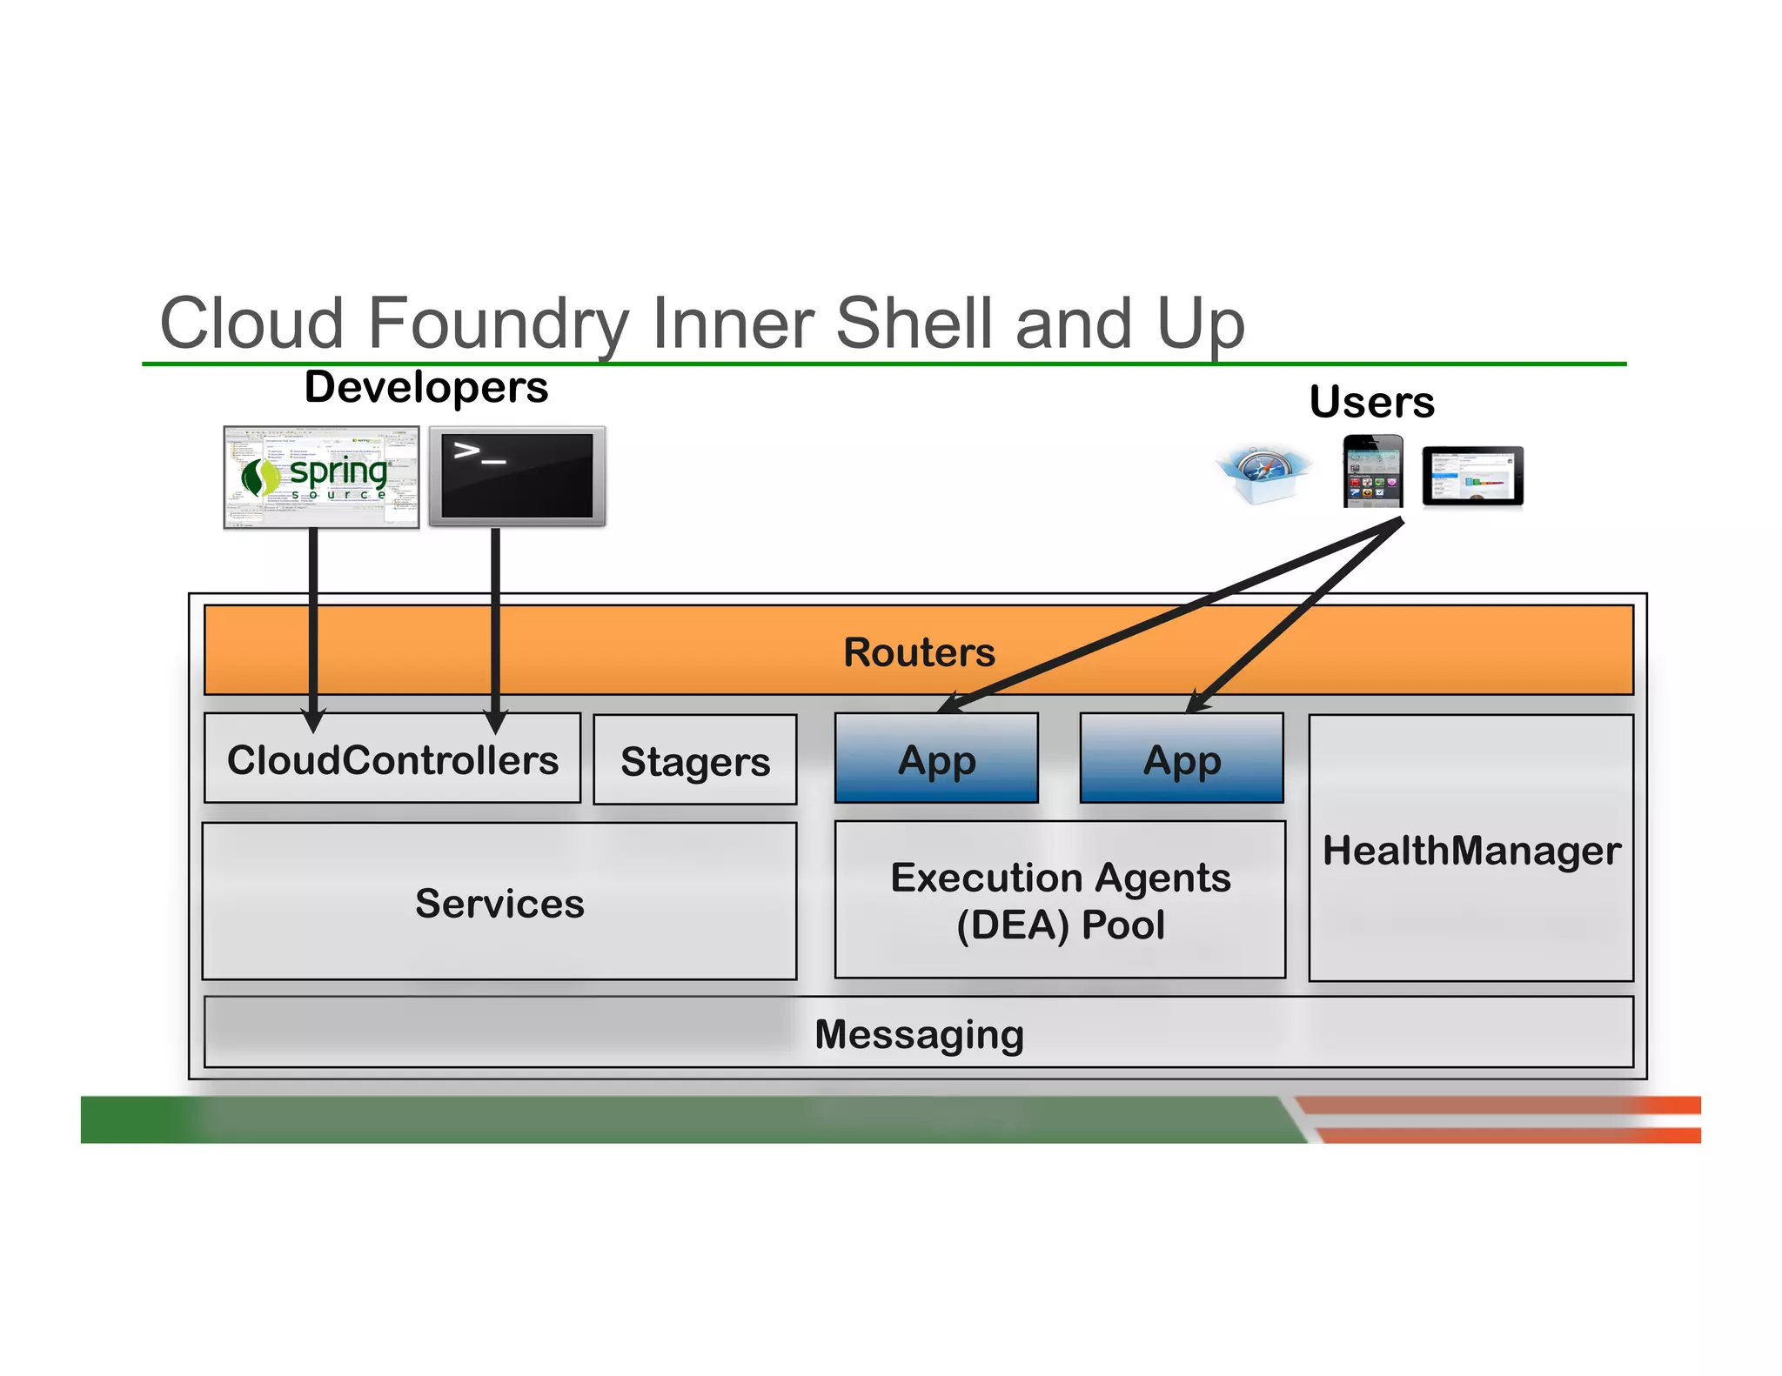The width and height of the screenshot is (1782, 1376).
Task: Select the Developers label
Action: [426, 387]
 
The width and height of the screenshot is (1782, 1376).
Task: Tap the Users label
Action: [1371, 402]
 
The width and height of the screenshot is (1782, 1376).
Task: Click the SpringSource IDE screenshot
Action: [321, 477]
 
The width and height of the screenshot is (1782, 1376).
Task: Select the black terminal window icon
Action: [517, 477]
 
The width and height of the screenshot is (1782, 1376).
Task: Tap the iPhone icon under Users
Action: [1372, 471]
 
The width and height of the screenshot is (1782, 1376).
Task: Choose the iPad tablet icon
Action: [1472, 476]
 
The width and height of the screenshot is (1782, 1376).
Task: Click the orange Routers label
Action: [919, 652]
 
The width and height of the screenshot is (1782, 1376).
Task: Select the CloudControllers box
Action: [392, 759]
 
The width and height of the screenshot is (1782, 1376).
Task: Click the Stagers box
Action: [694, 761]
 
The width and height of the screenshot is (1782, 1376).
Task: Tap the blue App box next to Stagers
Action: [936, 759]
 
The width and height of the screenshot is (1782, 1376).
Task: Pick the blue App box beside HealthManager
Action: [1181, 759]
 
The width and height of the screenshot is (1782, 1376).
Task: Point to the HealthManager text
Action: [1471, 850]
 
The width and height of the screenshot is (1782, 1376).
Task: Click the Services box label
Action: [499, 903]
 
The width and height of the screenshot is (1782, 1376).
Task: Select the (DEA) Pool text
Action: [1060, 925]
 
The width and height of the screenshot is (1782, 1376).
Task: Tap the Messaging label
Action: [919, 1034]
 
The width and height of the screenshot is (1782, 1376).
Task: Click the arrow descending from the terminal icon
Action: [495, 626]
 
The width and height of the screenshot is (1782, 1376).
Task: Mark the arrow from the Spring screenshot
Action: [313, 626]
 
